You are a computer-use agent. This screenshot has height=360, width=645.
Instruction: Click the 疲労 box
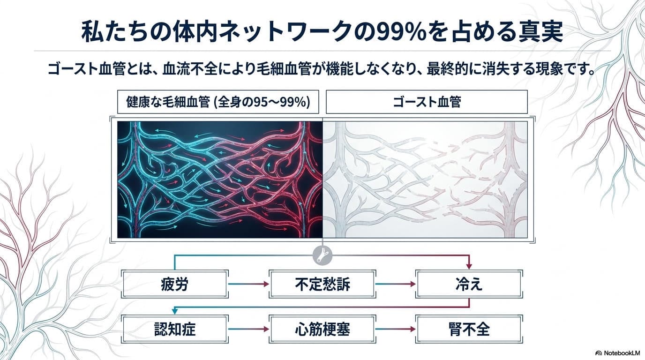[175, 284]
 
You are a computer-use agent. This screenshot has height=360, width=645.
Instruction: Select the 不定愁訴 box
[322, 284]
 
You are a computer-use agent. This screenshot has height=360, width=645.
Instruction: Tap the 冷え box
[469, 284]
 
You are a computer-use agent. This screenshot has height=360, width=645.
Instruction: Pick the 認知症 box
[175, 329]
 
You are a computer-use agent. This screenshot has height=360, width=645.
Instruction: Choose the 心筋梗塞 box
[322, 329]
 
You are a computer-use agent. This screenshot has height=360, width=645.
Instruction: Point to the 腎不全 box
[469, 329]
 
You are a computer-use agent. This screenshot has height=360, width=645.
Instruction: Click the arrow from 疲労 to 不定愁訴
[248, 284]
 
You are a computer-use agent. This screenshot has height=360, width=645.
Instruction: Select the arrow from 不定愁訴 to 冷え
[396, 284]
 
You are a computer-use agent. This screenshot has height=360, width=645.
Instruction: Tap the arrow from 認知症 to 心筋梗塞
[248, 329]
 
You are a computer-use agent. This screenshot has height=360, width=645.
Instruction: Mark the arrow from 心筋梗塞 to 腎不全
[396, 329]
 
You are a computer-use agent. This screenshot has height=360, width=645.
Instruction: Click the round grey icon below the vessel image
[322, 255]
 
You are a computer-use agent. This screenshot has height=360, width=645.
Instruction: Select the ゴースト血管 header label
[427, 102]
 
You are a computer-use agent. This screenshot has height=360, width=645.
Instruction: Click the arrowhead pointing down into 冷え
[469, 266]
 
